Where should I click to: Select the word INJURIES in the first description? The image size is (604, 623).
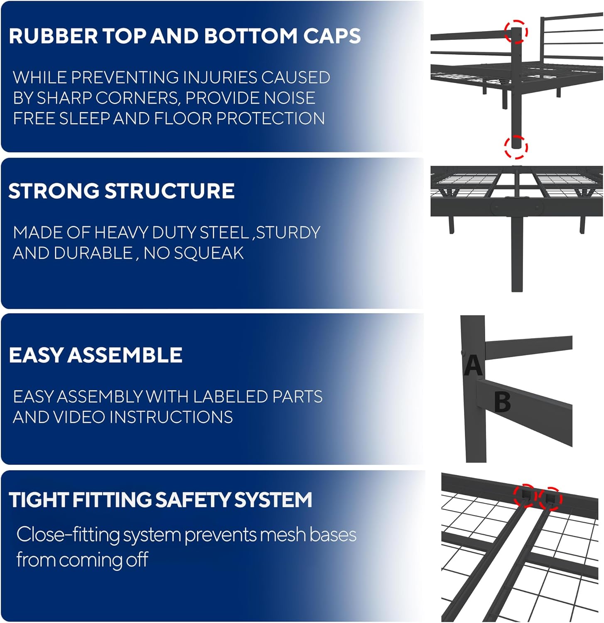pyautogui.click(x=220, y=78)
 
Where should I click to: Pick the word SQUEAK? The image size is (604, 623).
pyautogui.click(x=209, y=253)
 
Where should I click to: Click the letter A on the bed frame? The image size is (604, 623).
pyautogui.click(x=473, y=365)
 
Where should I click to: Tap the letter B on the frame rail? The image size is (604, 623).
pyautogui.click(x=502, y=402)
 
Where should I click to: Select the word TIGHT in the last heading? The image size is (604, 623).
pyautogui.click(x=38, y=500)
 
